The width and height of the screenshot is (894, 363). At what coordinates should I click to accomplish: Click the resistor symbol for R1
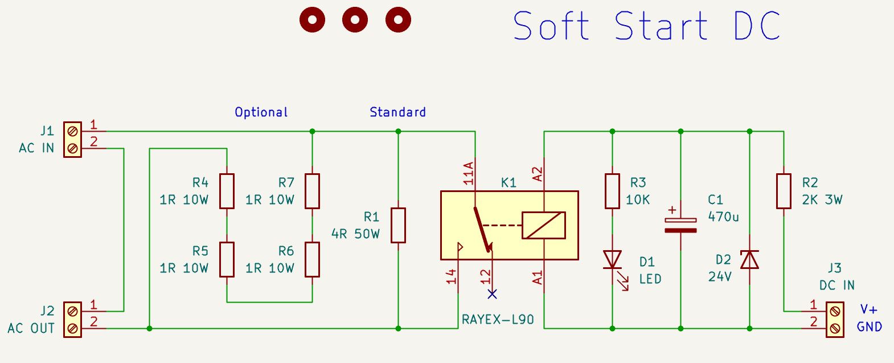pyautogui.click(x=398, y=225)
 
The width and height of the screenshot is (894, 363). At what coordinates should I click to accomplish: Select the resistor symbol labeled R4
pyautogui.click(x=227, y=191)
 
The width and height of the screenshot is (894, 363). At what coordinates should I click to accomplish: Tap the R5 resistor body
pyautogui.click(x=227, y=260)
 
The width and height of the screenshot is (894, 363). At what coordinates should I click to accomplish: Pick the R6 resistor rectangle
pyautogui.click(x=312, y=260)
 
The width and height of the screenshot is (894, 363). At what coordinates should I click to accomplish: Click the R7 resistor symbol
pyautogui.click(x=312, y=191)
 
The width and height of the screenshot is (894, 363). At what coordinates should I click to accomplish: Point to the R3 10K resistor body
pyautogui.click(x=612, y=191)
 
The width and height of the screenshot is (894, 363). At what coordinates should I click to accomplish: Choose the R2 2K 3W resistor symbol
pyautogui.click(x=784, y=191)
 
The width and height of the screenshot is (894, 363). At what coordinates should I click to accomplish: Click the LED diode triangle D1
pyautogui.click(x=612, y=260)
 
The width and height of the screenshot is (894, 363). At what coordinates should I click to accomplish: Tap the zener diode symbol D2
pyautogui.click(x=749, y=260)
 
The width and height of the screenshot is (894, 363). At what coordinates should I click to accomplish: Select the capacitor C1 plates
pyautogui.click(x=680, y=225)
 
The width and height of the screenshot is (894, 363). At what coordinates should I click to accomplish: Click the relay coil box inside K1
pyautogui.click(x=544, y=225)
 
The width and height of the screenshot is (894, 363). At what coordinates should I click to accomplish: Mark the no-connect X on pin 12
pyautogui.click(x=492, y=294)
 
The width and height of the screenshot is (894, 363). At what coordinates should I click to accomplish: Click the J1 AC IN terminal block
pyautogui.click(x=73, y=140)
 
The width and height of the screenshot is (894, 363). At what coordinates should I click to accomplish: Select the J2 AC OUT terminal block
pyautogui.click(x=73, y=320)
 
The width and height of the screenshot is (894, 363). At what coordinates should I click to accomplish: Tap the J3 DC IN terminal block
pyautogui.click(x=835, y=320)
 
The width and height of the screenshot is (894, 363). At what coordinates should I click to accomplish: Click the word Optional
pyautogui.click(x=261, y=112)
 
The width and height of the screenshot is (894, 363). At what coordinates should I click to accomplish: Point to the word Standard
pyautogui.click(x=397, y=112)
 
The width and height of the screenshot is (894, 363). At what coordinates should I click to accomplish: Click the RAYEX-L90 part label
pyautogui.click(x=498, y=320)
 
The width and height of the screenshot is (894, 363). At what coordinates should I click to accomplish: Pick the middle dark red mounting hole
pyautogui.click(x=355, y=19)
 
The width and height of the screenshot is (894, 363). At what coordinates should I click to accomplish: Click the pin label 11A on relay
pyautogui.click(x=469, y=173)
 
